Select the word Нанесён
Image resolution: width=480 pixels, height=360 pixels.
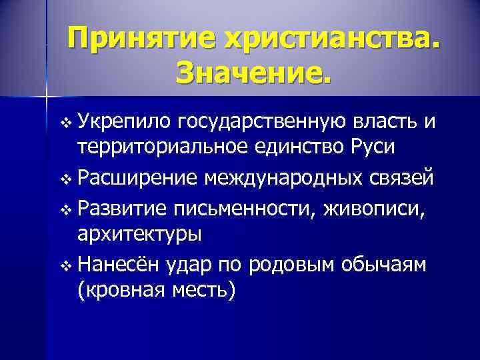pos(118,264)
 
